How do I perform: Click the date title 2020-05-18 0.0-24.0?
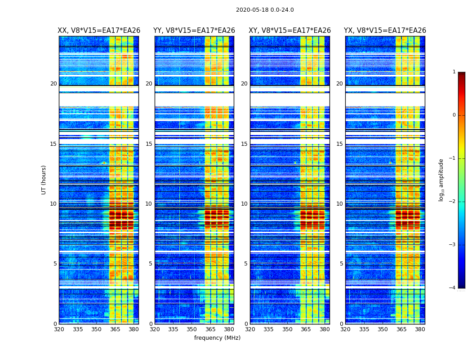tap(265, 10)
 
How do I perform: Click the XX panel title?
tap(99, 31)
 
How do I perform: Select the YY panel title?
tap(194, 31)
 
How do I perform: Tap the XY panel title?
tap(290, 31)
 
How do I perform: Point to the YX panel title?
tap(385, 31)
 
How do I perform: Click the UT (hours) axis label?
tap(44, 180)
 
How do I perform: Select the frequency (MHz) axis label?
tap(217, 338)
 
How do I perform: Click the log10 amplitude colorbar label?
tap(441, 180)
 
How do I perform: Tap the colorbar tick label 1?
tap(454, 72)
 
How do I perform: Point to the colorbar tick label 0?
tap(454, 115)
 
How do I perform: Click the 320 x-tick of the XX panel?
tap(59, 329)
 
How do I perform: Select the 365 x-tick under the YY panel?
tap(211, 329)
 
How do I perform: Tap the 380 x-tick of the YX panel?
tap(420, 329)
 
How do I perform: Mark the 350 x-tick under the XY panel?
tap(287, 329)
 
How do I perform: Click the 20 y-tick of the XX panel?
tap(53, 84)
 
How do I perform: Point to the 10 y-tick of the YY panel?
tap(149, 204)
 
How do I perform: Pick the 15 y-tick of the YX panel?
tap(339, 144)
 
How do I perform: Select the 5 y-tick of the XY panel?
tap(246, 264)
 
